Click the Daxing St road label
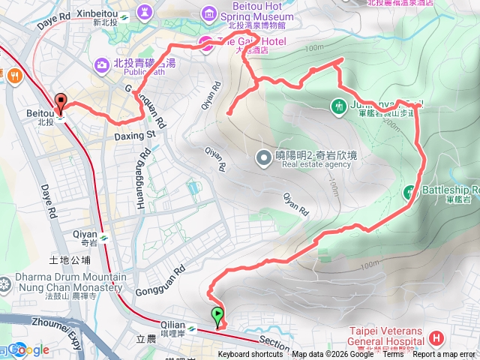coord(135,136)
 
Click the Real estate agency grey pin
coord(263,157)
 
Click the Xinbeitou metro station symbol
coord(124,14)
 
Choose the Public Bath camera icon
coord(101,66)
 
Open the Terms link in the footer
coord(393,355)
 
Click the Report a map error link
coord(444,355)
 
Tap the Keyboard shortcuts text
coord(250,355)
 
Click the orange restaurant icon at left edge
coord(13,74)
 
